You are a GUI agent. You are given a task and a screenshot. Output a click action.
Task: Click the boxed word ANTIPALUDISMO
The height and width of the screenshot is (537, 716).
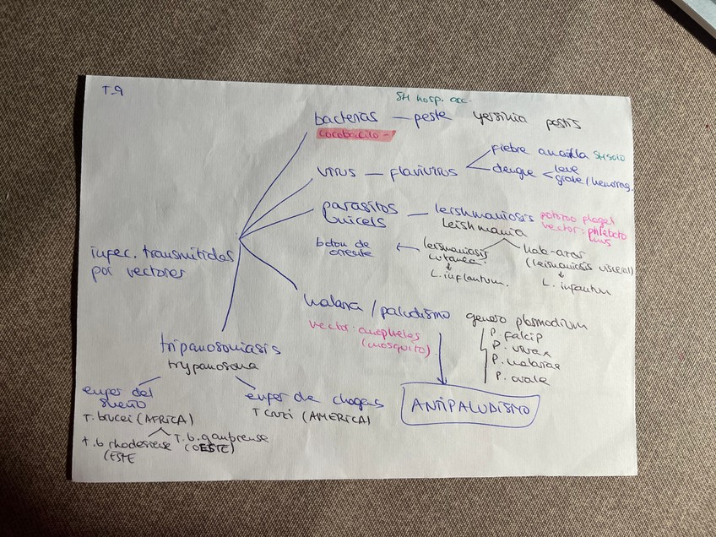pos(471,409)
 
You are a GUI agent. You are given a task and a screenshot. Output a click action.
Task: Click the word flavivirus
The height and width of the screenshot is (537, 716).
pos(424,172)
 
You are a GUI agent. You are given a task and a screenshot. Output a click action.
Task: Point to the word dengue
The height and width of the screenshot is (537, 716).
pos(513,173)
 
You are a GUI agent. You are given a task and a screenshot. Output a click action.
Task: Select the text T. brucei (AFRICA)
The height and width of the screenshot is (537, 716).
pos(139,419)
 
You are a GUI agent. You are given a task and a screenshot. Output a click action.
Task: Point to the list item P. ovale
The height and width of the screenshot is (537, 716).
pos(523,380)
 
